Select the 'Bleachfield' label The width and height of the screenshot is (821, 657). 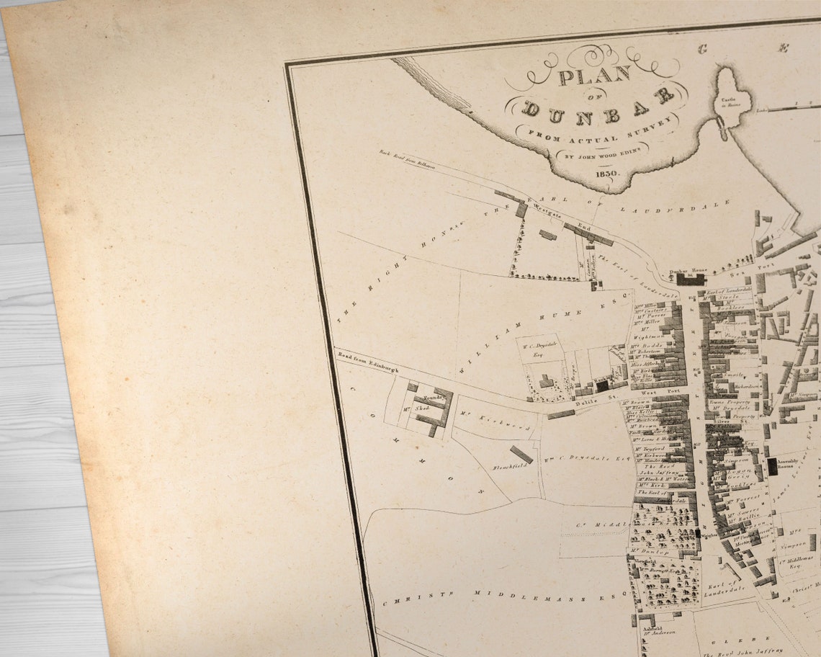(510, 466)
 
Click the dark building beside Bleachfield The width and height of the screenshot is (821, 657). (521, 454)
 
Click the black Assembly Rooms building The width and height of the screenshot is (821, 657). (772, 466)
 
